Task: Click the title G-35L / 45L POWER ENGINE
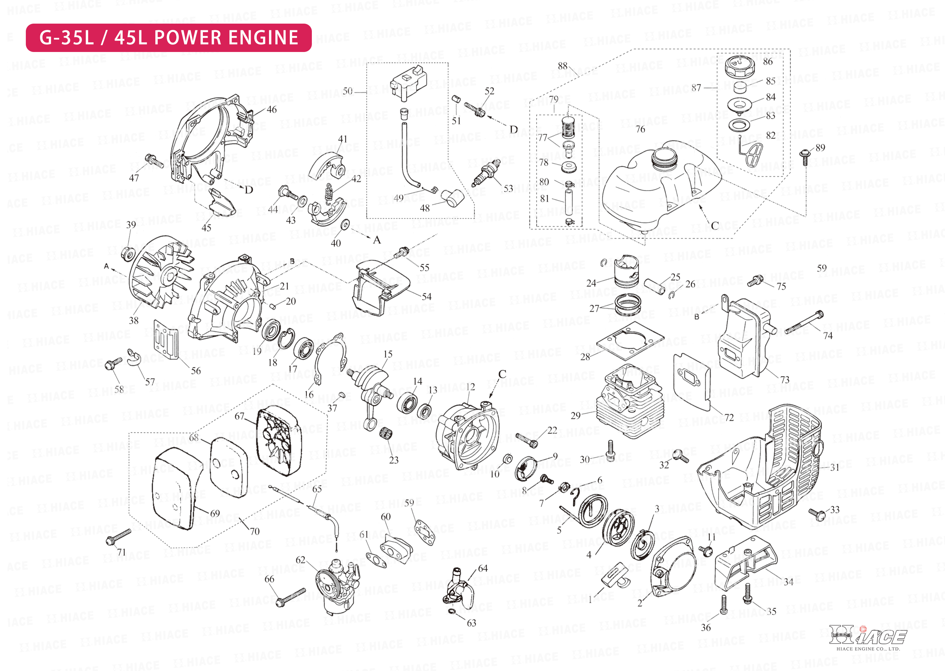[169, 37]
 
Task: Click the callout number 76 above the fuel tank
[640, 129]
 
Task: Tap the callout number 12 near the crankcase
[470, 387]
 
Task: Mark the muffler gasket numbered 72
[692, 380]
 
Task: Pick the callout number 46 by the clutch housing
[271, 110]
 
